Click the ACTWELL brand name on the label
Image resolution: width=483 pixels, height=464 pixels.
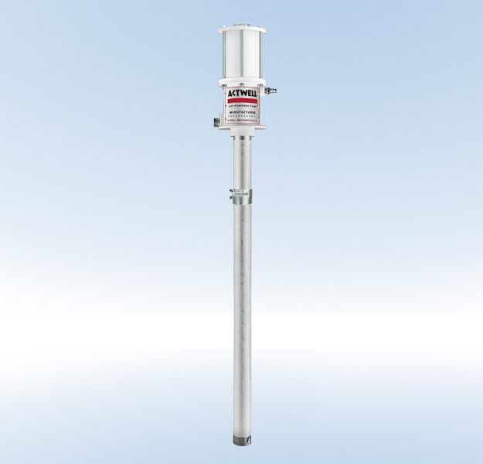click(x=242, y=93)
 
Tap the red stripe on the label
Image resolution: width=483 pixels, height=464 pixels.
click(x=242, y=100)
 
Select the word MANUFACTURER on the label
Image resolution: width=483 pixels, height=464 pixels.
click(x=242, y=113)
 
